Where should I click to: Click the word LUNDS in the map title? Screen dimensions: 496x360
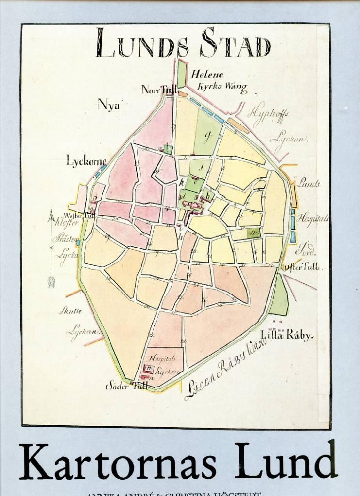142,43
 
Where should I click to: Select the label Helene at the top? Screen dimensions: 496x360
207,75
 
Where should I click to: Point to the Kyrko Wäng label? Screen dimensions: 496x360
222,88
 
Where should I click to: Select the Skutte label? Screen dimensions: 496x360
71,311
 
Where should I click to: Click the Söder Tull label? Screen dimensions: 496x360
126,387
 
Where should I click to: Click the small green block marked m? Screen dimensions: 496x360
254,232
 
